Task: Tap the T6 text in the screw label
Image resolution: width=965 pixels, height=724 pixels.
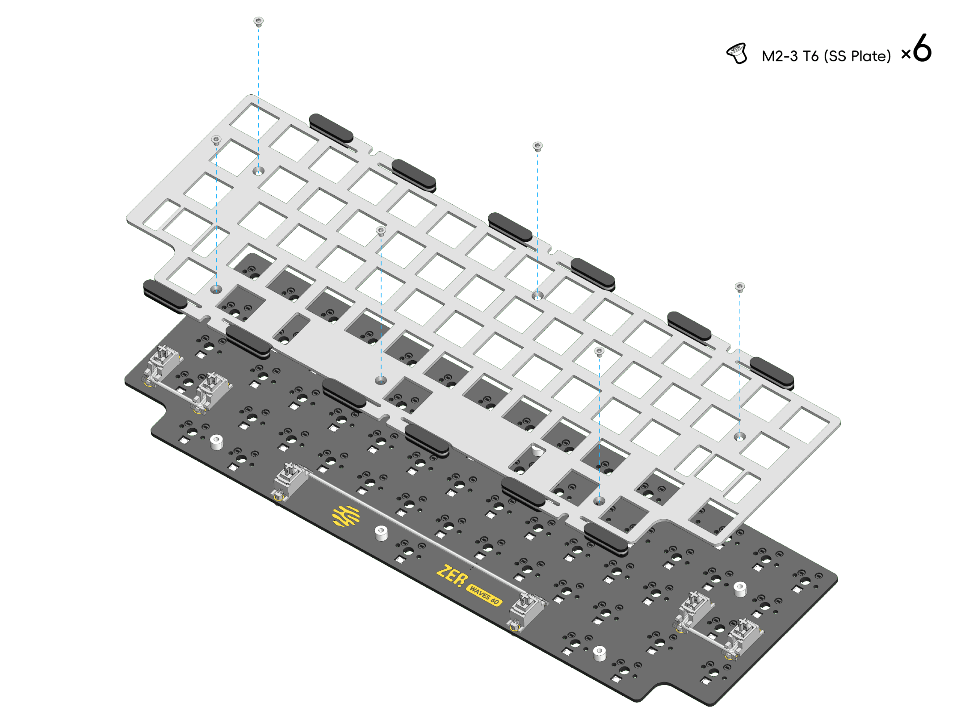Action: click(x=810, y=56)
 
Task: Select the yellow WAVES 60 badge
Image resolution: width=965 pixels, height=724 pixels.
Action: click(x=484, y=595)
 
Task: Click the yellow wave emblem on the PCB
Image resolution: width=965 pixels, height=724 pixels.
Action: click(x=346, y=516)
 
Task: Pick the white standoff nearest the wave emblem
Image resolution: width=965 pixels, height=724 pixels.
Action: click(x=381, y=533)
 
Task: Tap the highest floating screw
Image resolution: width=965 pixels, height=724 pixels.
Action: click(x=258, y=21)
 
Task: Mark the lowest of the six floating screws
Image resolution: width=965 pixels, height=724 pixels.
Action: click(x=600, y=351)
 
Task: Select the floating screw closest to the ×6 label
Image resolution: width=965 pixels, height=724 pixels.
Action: click(x=740, y=286)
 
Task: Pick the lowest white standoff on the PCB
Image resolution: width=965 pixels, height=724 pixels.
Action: click(x=600, y=654)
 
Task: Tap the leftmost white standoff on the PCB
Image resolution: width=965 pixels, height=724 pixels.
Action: click(x=217, y=442)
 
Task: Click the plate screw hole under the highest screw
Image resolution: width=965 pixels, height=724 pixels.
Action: click(x=258, y=171)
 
